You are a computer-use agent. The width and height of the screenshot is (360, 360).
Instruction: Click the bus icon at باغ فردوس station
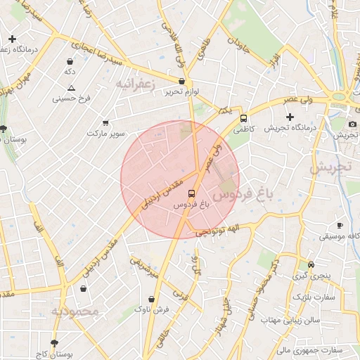coord(191,193)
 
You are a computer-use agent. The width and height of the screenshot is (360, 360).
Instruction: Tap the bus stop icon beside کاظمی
coord(244,118)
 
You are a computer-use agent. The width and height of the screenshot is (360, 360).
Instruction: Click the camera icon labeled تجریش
coord(352,124)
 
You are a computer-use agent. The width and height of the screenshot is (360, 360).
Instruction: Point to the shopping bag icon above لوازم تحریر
coord(181,82)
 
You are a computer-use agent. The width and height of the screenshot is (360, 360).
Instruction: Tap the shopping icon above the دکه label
coord(69,62)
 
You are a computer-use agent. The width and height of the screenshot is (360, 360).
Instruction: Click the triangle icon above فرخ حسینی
coord(71,88)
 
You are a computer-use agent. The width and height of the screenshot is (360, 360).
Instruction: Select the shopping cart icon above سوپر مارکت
coord(105,122)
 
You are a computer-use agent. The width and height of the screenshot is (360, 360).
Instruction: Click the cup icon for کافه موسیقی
coord(340,226)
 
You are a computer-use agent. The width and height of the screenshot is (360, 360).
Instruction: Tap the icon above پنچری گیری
coord(311,265)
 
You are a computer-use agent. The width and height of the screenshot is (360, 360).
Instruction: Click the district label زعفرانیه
coord(134,84)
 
